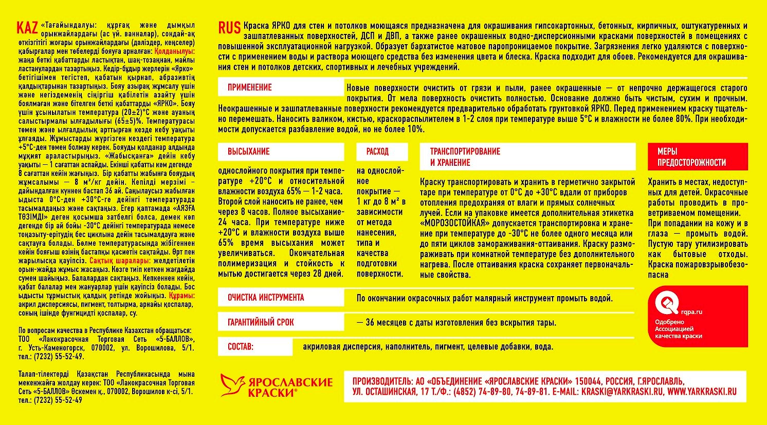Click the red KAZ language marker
[27, 27]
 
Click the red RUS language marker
[229, 28]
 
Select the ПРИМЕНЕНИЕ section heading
[250, 87]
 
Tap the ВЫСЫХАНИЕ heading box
[249, 151]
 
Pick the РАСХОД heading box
[377, 151]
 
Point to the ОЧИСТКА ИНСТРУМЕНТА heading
[266, 298]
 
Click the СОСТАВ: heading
[241, 347]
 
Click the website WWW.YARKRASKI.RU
[702, 392]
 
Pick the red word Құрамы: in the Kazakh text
[181, 296]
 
